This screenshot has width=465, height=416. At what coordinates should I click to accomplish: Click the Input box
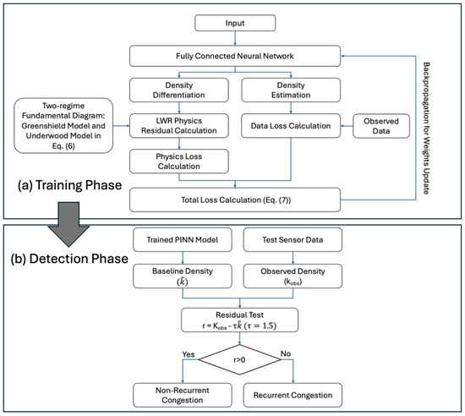(235, 23)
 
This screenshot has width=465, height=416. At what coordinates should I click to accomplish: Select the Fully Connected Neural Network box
(235, 56)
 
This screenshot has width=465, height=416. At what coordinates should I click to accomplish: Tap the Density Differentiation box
(179, 90)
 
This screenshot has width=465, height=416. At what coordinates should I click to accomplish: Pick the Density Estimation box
(291, 90)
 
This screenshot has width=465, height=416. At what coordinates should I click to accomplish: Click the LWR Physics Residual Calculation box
(179, 126)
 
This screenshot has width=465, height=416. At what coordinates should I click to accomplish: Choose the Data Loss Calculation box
(291, 126)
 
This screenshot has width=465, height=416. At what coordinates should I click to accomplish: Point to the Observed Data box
(381, 126)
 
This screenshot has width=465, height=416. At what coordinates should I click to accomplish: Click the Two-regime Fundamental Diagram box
(63, 126)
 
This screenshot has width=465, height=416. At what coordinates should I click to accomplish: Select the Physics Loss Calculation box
(179, 161)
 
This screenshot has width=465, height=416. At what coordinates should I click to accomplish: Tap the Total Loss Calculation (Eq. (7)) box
(235, 200)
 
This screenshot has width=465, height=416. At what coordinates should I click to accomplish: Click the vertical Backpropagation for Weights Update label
(426, 128)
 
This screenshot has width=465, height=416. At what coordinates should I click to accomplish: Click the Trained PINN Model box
(183, 239)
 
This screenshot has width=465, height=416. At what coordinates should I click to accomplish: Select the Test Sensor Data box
(293, 239)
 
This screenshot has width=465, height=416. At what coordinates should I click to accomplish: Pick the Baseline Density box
(183, 276)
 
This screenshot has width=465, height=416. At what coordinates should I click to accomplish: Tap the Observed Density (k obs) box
(293, 276)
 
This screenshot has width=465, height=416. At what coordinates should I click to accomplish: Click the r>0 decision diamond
(239, 359)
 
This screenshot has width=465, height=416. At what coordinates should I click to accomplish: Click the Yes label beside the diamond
(189, 354)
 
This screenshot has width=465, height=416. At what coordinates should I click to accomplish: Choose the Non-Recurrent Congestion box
(183, 395)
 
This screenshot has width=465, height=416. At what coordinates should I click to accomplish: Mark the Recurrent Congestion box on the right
(293, 395)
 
